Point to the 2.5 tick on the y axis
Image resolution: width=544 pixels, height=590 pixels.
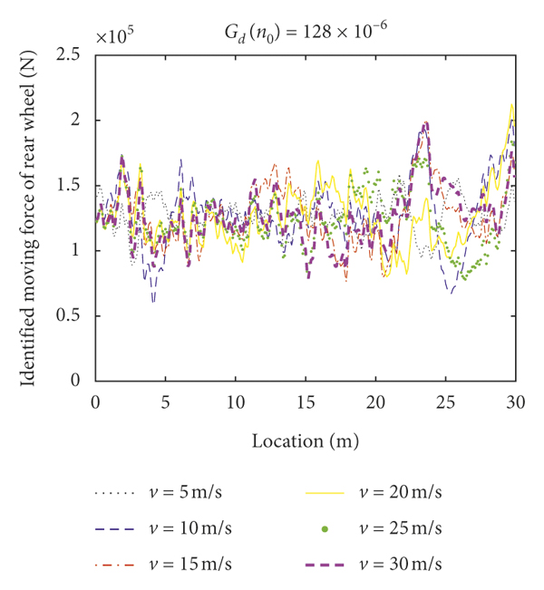69,55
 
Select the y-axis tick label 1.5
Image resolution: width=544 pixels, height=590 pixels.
69,185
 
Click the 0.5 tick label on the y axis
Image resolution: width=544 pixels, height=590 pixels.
69,316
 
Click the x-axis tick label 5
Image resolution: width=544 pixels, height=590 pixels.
165,401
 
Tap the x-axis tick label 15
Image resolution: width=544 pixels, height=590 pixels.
306,401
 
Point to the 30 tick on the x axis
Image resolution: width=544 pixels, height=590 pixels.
515,401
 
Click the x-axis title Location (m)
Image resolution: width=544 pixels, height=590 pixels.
305,441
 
